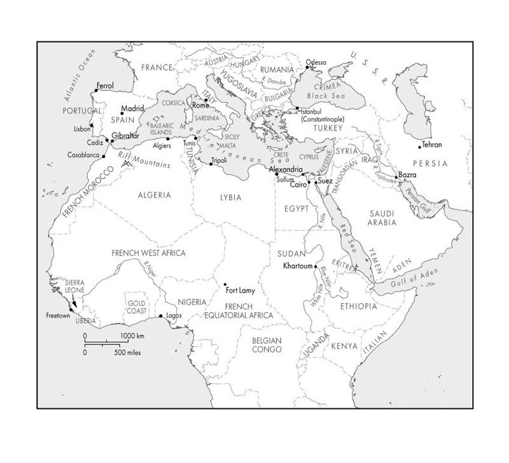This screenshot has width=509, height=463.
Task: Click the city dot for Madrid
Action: (x=122, y=113)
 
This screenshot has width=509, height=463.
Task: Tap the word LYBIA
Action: (x=231, y=197)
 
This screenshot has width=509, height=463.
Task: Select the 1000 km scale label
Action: (x=133, y=336)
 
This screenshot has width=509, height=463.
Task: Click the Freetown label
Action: (x=58, y=316)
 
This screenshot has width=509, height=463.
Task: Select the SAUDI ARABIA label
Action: (x=382, y=218)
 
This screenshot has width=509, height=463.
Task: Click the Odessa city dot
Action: (x=307, y=67)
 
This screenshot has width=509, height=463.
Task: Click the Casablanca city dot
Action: (x=103, y=155)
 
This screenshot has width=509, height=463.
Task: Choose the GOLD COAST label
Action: (x=137, y=306)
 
